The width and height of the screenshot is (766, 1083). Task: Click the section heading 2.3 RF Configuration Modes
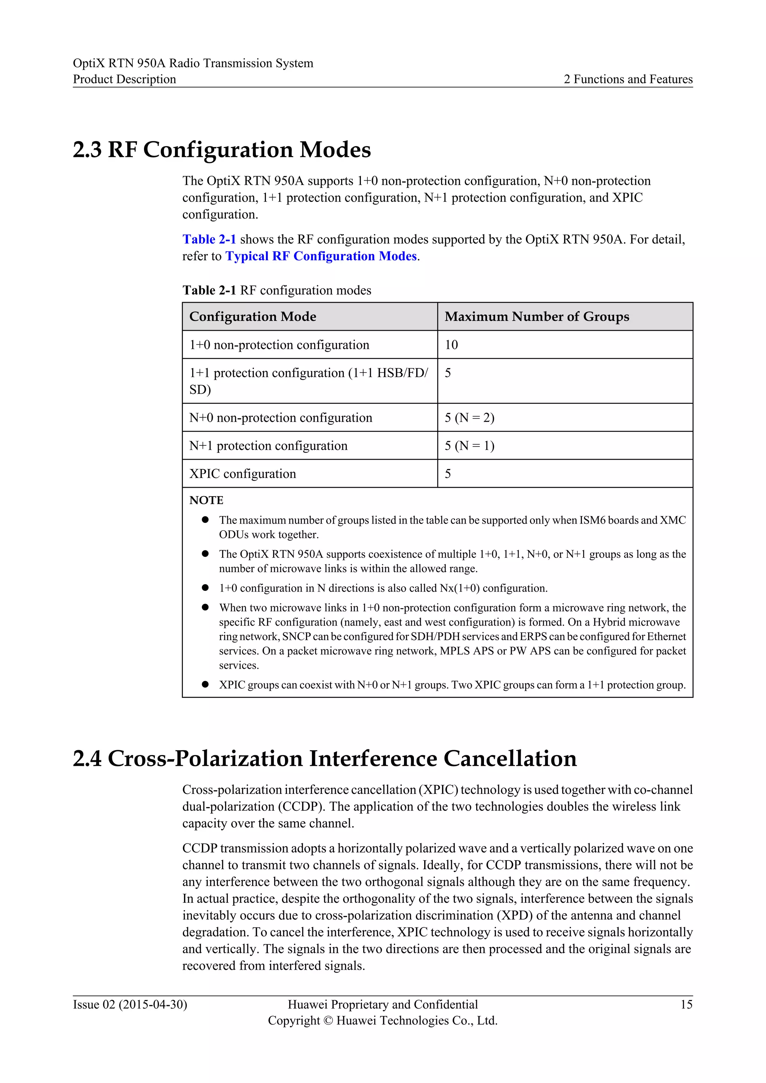click(222, 150)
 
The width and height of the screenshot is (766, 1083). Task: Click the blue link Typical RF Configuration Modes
click(321, 256)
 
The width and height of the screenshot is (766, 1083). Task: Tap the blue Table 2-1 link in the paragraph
click(209, 240)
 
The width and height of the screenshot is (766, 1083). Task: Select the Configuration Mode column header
click(253, 316)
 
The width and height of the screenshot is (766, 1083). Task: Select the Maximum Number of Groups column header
click(537, 316)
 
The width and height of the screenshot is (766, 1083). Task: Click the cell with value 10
click(451, 345)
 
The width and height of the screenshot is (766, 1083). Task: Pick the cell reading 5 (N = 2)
click(469, 418)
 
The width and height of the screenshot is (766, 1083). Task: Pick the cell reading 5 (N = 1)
click(469, 446)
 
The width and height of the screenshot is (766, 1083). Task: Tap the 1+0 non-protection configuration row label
click(279, 345)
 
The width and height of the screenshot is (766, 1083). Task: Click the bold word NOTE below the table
click(206, 500)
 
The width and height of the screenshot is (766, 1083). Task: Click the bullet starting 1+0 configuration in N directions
click(383, 588)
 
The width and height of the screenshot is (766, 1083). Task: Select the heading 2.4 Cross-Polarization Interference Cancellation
click(325, 759)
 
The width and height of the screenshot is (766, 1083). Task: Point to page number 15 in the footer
click(686, 1005)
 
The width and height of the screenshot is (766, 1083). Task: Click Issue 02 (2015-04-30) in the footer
click(130, 1005)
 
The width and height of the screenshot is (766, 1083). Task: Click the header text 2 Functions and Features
click(628, 79)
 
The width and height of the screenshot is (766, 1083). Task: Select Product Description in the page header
click(124, 79)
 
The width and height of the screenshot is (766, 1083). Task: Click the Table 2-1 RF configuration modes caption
click(277, 291)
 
